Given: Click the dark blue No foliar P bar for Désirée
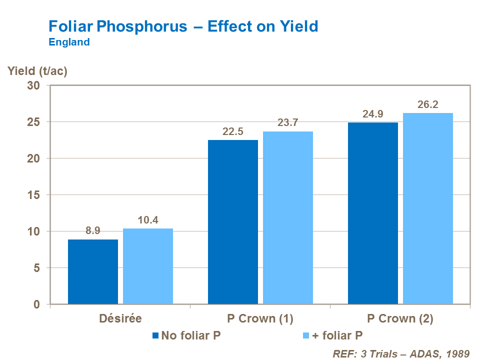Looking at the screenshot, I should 93,271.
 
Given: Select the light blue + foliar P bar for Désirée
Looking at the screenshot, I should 148,266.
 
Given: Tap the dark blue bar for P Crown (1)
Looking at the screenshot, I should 233,222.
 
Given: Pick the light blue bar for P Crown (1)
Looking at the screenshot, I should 288,217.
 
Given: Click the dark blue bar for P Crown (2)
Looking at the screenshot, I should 373,213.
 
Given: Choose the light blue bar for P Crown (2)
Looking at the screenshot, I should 428,208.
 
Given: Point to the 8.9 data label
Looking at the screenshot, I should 93,231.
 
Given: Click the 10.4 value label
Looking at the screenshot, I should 148,220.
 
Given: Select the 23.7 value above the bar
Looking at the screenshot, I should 288,123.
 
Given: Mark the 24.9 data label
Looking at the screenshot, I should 373,114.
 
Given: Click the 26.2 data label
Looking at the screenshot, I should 428,104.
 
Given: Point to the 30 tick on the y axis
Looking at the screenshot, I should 33,85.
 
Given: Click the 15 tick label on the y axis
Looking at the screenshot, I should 33,195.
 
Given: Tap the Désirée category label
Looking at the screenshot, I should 120,318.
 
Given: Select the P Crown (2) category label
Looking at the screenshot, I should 400,318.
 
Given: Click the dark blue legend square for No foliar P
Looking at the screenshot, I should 155,335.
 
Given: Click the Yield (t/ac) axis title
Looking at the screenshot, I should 37,70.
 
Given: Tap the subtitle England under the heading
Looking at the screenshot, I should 69,42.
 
